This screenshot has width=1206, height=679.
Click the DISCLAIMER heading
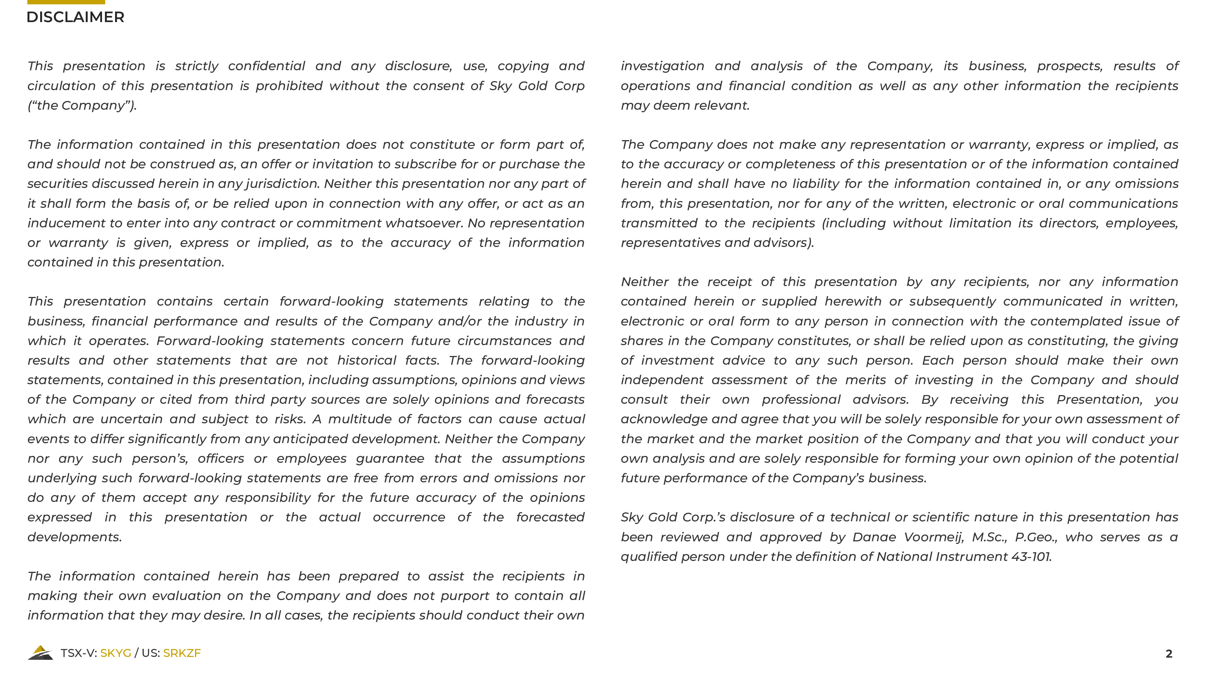(x=75, y=17)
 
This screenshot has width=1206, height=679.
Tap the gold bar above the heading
(x=66, y=2)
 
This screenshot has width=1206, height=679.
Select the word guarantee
(x=390, y=458)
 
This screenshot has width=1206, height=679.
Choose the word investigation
(x=663, y=66)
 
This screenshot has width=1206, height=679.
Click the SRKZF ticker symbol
(x=182, y=653)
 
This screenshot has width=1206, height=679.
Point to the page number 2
(x=1168, y=654)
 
